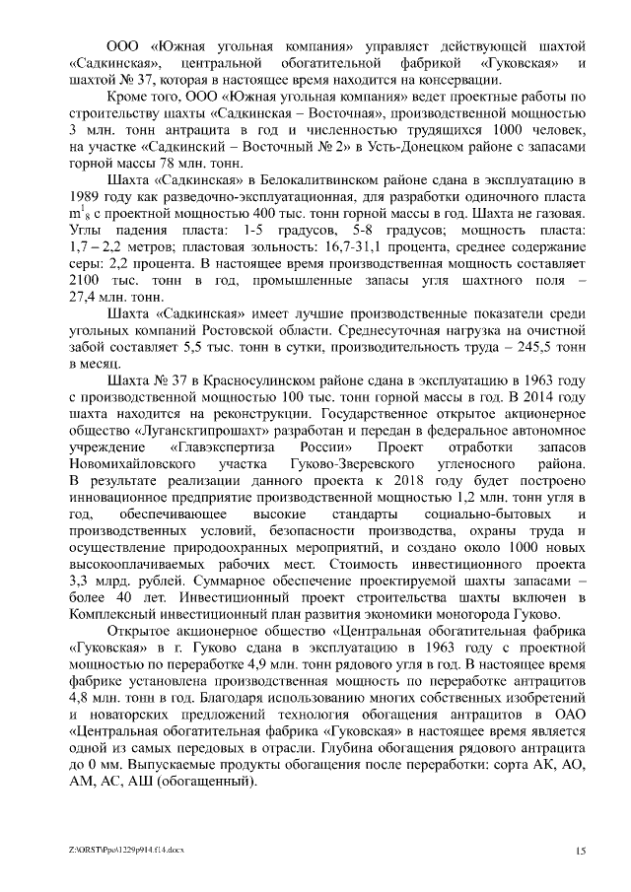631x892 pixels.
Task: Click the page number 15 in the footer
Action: coord(581,850)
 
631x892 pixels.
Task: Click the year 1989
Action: coord(88,196)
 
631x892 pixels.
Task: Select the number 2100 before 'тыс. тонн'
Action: coord(89,280)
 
